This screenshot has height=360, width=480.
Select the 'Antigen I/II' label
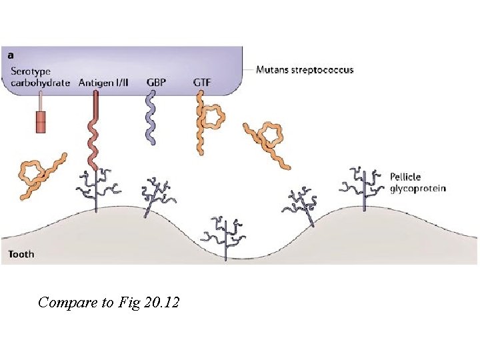click(x=103, y=83)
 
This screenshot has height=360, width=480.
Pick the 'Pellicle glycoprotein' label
click(x=417, y=182)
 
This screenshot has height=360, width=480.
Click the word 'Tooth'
click(x=21, y=254)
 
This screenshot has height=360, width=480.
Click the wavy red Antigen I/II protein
click(x=94, y=130)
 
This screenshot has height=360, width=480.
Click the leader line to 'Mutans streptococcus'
click(x=249, y=69)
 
